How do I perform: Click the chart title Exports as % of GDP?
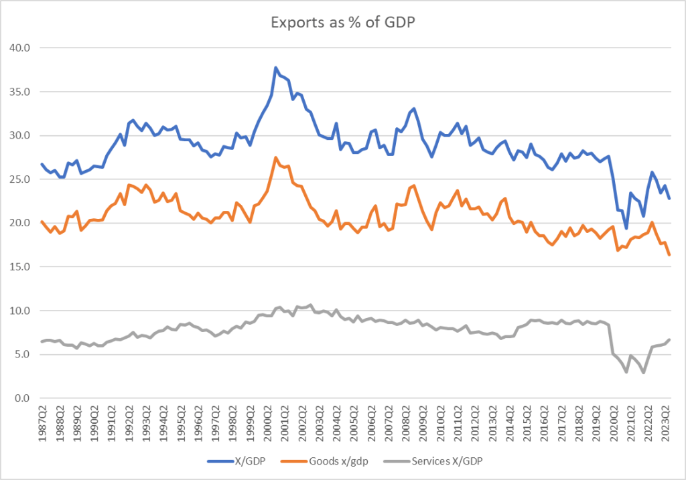point(342,22)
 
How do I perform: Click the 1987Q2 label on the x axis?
point(42,422)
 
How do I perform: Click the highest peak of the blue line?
point(275,68)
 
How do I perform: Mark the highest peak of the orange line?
point(275,157)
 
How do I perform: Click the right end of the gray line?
point(669,339)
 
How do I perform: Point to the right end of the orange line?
point(669,255)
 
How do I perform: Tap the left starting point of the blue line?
point(42,164)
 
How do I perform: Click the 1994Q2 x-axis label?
point(162,422)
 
